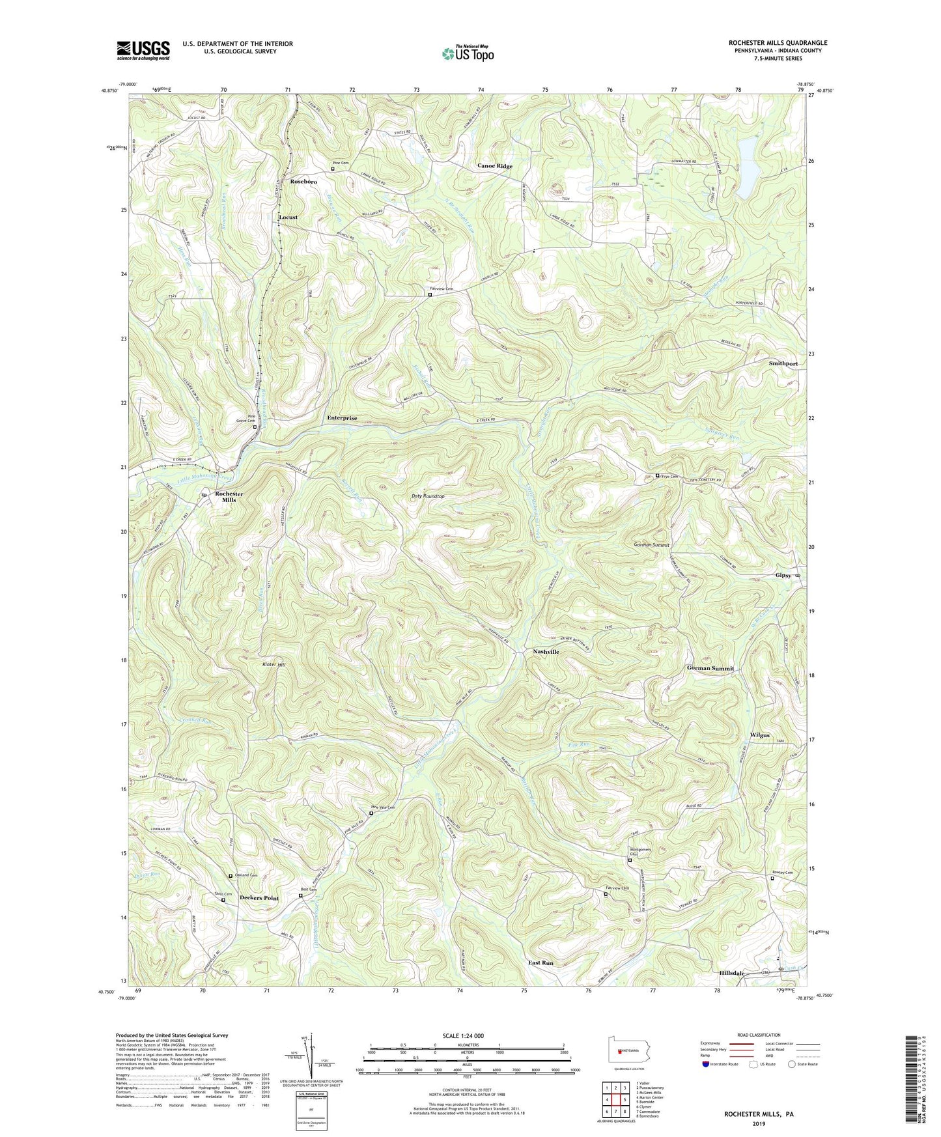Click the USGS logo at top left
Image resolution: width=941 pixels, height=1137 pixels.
(143, 49)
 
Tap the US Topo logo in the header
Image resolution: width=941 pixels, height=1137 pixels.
(467, 53)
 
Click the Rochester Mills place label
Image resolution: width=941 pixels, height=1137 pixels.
(229, 497)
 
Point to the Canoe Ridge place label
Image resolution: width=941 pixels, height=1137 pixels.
(495, 166)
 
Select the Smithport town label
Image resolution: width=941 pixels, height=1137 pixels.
(783, 363)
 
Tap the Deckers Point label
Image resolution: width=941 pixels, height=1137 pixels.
(259, 898)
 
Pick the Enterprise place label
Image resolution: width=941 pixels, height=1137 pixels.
(342, 418)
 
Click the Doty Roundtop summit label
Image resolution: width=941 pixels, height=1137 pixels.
(428, 496)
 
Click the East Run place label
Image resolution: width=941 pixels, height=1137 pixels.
(541, 962)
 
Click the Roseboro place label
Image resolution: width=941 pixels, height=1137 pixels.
(303, 182)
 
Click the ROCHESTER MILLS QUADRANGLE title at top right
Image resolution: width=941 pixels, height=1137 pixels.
(778, 43)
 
